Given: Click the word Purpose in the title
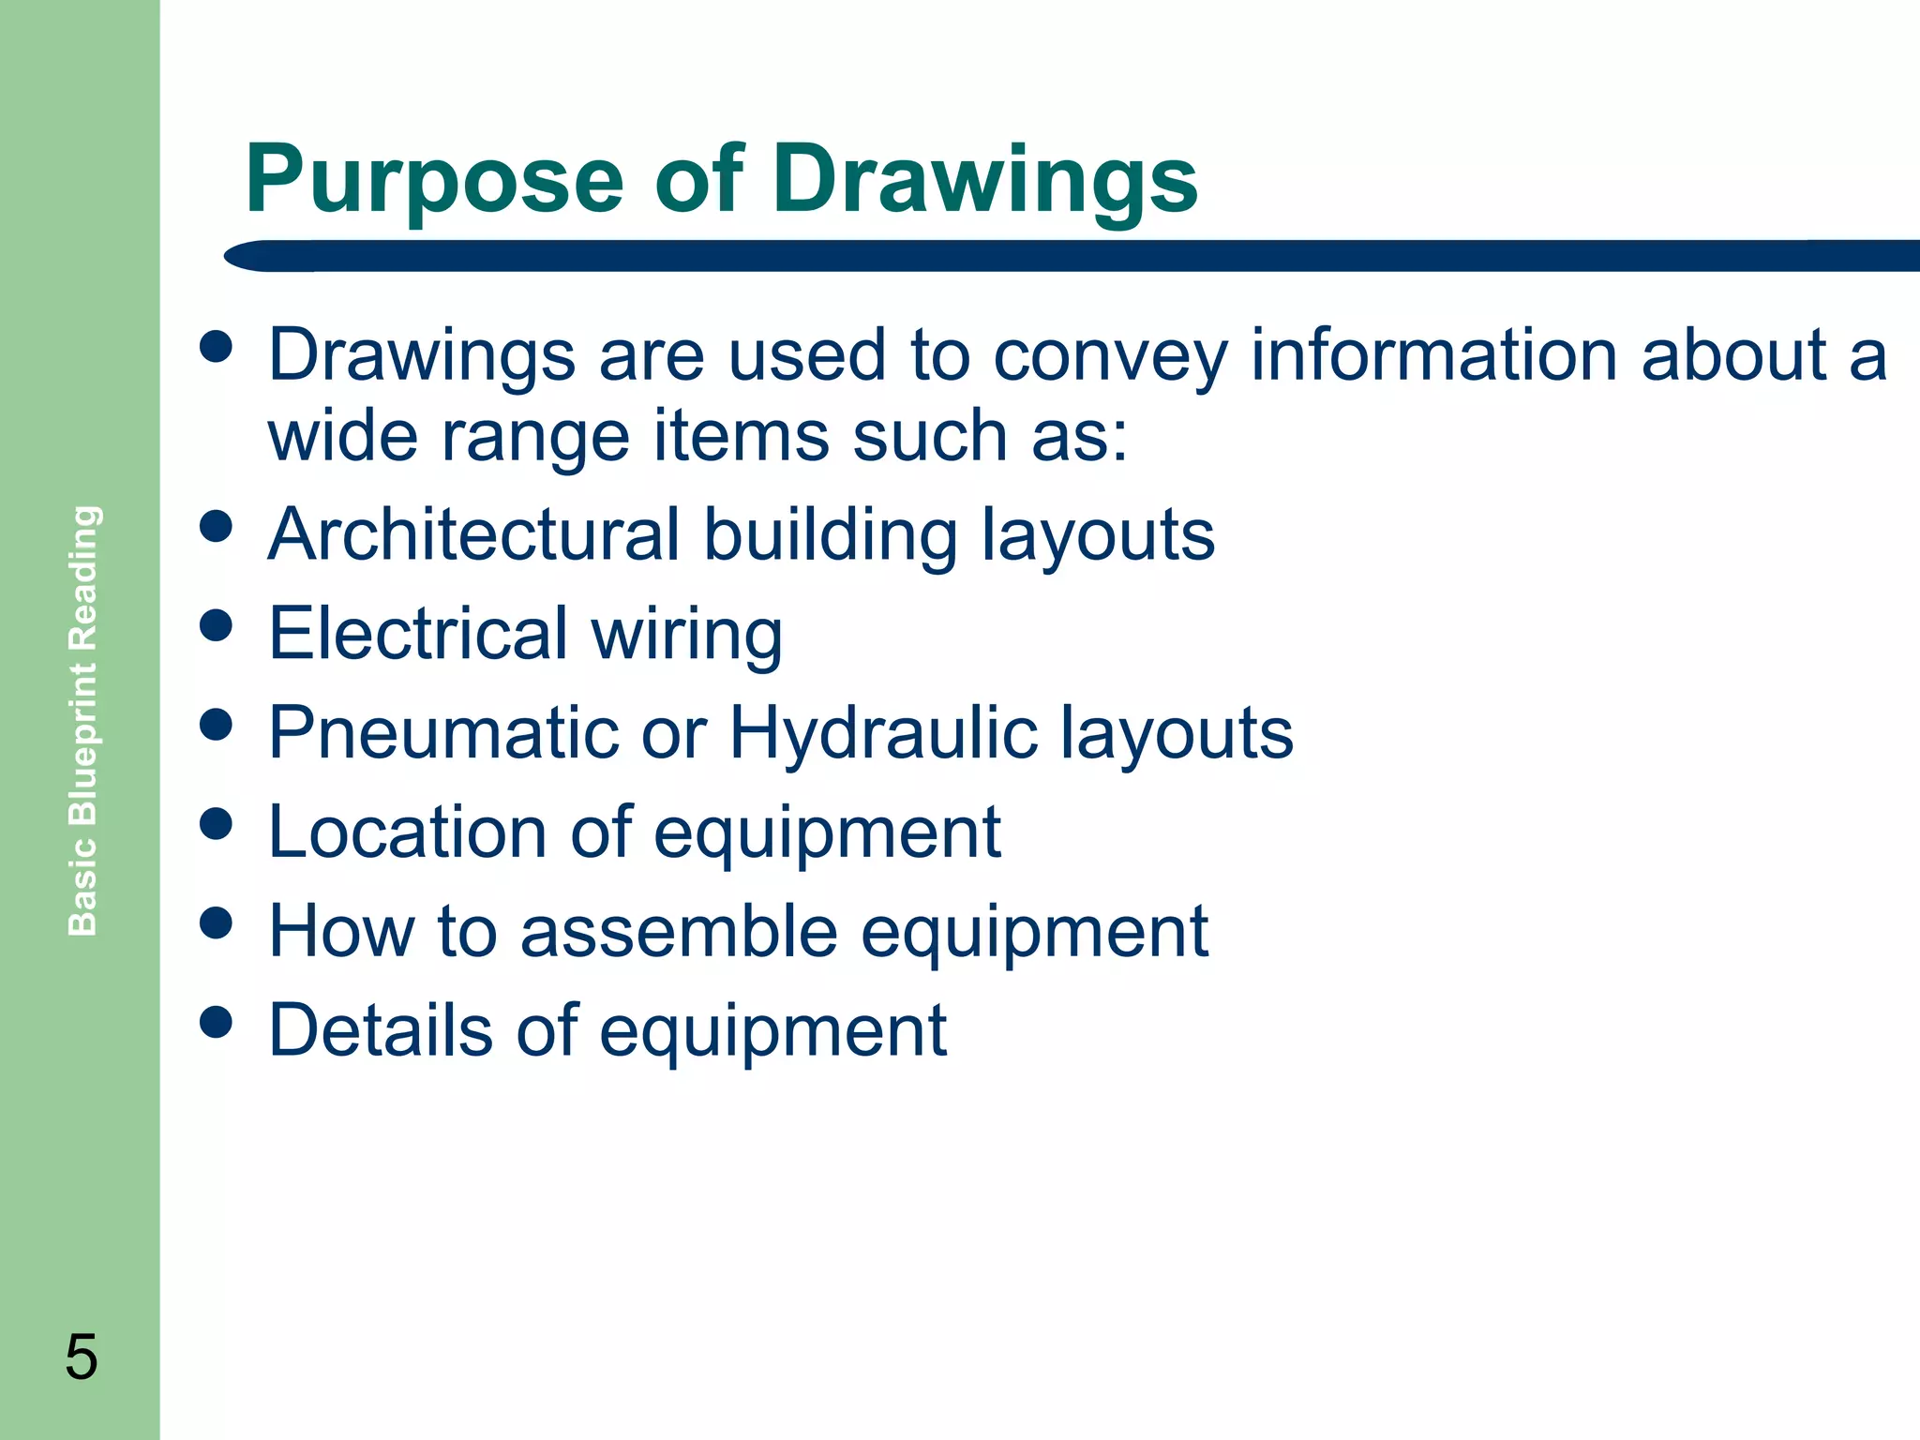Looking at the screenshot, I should (x=434, y=180).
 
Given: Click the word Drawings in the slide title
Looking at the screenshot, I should (x=984, y=180).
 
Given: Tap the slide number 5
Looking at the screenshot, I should (x=81, y=1357).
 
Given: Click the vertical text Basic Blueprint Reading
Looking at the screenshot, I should (x=83, y=720).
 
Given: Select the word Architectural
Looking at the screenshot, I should (x=473, y=534).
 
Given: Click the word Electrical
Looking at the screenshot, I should (x=418, y=634).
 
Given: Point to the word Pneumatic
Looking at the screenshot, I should (x=442, y=733).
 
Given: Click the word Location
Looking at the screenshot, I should (x=407, y=832).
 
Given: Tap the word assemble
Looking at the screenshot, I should (x=679, y=932).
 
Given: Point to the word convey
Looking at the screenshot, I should (x=1109, y=358).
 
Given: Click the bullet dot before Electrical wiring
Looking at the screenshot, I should (x=217, y=624).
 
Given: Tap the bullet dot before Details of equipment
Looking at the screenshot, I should (x=217, y=1022).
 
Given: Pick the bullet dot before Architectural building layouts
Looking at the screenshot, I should (x=217, y=525).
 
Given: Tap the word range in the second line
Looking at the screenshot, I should (x=534, y=438).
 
